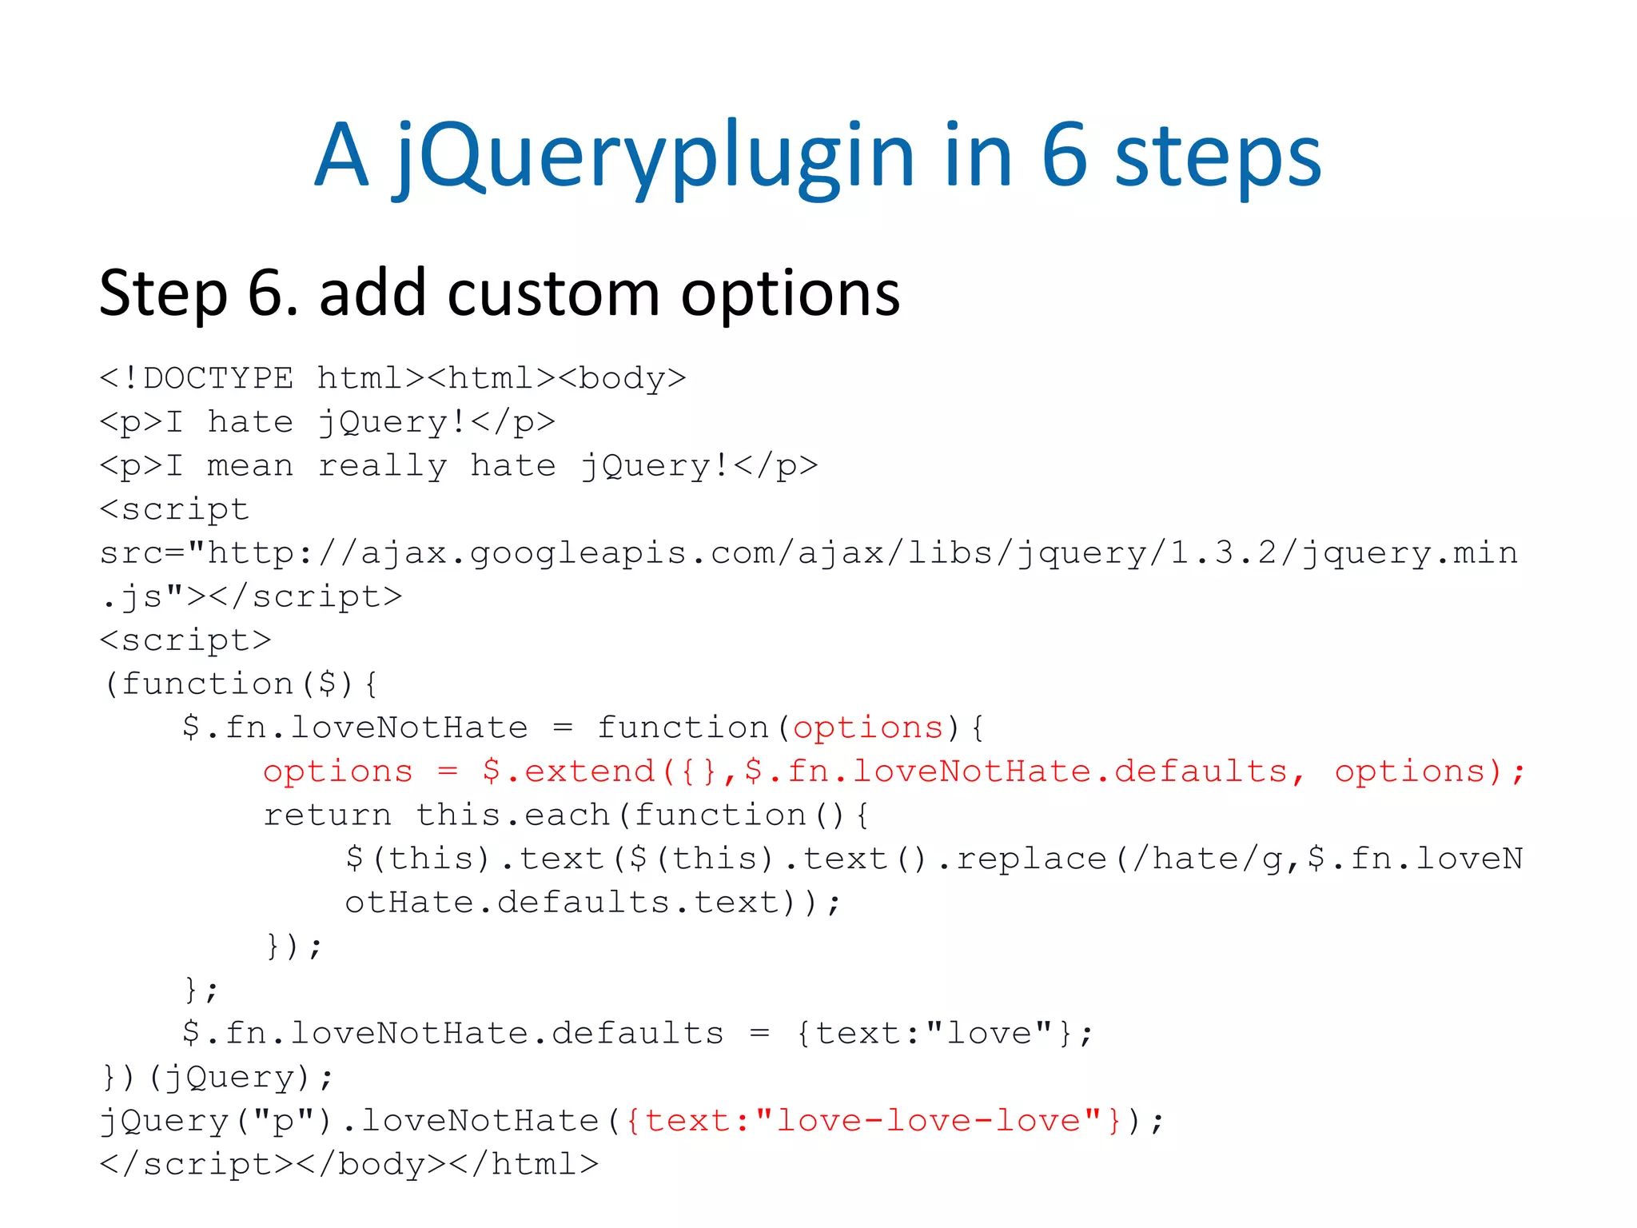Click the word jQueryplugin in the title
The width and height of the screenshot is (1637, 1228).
point(652,156)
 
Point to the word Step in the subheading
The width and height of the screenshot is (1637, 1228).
point(163,293)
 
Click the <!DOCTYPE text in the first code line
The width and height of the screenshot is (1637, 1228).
point(197,378)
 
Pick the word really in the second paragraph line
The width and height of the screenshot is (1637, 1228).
point(382,465)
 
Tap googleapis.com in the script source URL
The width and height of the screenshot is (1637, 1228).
point(578,552)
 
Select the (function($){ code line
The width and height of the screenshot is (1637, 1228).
point(240,684)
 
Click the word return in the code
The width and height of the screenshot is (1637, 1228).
point(328,815)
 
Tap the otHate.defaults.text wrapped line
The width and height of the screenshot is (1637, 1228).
point(591,903)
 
